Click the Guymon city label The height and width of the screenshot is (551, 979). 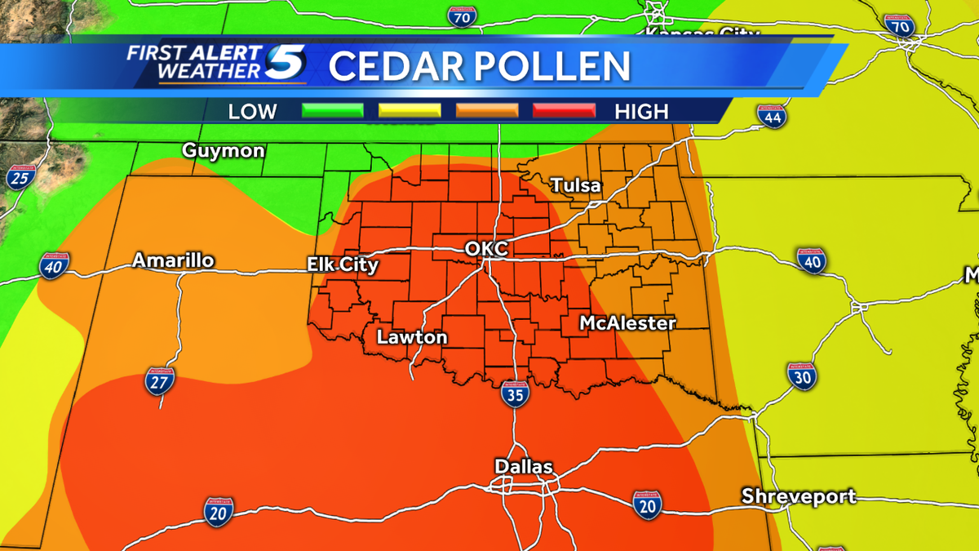223,151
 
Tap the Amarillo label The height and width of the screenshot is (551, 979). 174,260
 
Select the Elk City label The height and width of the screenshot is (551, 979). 343,264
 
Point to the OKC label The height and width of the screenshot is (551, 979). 486,248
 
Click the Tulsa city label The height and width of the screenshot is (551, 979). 576,185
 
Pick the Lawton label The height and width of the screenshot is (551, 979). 412,336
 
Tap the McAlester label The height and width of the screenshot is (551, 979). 627,323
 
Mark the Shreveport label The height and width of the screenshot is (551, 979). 799,495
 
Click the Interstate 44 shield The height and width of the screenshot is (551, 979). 771,117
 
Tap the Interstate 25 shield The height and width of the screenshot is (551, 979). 19,176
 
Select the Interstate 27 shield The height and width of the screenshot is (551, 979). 160,381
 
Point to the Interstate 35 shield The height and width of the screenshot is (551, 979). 515,393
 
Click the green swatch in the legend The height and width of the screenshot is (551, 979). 332,111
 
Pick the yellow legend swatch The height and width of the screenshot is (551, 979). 410,111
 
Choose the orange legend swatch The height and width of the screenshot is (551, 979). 487,111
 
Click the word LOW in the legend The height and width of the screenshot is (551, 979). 252,111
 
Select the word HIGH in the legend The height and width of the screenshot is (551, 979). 642,111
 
